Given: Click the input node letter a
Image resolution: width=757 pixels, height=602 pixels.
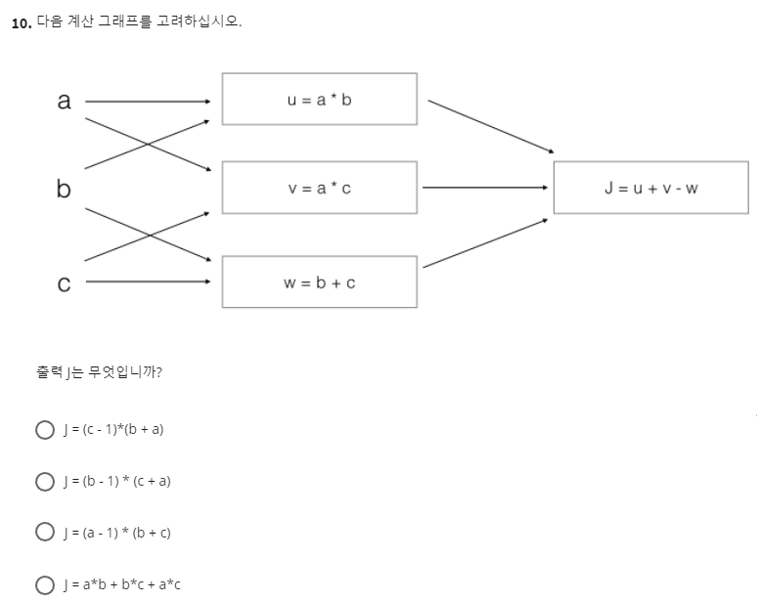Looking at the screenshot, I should pos(65,101).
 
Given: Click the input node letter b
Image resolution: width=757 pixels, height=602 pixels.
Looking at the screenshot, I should pos(64,189).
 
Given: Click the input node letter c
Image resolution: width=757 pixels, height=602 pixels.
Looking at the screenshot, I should pos(64,283).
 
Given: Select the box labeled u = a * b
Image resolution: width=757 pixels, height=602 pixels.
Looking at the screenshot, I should pos(319,99).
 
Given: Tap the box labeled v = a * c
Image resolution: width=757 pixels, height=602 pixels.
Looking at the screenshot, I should pos(319,188).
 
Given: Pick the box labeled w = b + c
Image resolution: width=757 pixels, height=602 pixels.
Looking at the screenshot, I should pos(319,282).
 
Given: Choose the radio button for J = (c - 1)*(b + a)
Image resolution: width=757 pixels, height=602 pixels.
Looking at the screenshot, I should pos(43,429).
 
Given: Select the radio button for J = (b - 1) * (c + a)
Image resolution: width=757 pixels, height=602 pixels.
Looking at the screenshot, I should pos(43,481).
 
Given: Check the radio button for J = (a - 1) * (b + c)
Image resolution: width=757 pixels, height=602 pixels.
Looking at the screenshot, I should pos(43,533).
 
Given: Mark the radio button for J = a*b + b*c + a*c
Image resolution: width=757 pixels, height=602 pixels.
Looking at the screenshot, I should pos(43,584).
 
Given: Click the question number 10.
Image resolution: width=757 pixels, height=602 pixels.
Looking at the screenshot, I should pos(21,24).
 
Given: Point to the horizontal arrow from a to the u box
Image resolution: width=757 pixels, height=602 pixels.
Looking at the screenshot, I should pos(147,101).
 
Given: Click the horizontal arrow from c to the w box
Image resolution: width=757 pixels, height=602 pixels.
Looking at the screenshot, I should pos(147,282).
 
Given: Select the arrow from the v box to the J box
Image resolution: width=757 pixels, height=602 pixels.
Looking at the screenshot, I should pos(484,187).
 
